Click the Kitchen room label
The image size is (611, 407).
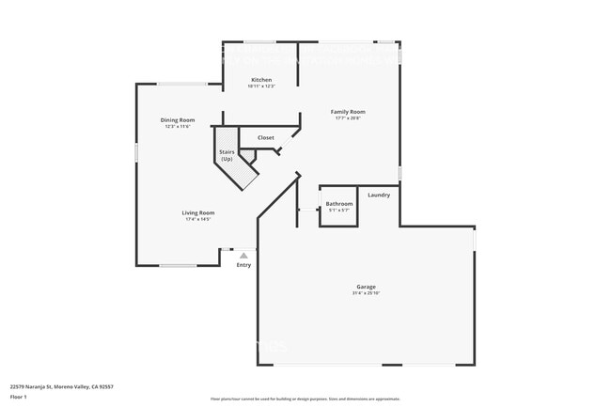coord(261,80)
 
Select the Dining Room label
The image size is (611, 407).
coord(178,119)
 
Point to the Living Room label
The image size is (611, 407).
coord(197,212)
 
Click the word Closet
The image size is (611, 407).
coord(266,138)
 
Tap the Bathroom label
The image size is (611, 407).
coord(338,204)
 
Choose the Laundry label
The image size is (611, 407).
coord(379,195)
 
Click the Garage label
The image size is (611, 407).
coord(366,287)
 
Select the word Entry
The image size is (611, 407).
coord(243,265)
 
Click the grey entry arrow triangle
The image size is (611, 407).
coord(243,255)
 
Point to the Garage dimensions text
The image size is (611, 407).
coord(366,293)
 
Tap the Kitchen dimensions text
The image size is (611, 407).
coord(261,86)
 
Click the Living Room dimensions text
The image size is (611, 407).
coord(197,219)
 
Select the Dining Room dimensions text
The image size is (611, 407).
coord(178,126)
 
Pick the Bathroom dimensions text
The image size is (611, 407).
coord(338,211)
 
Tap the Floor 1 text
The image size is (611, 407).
coord(19,395)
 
